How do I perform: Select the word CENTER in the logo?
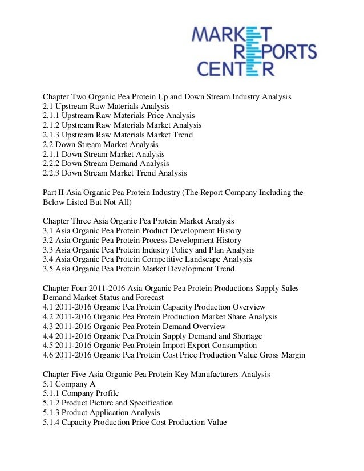[x=236, y=70]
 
